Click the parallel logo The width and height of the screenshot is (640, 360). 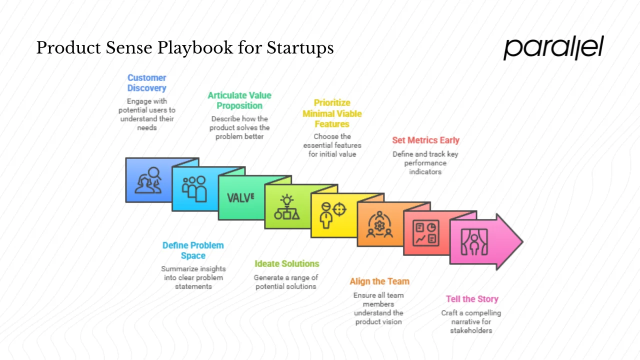pyautogui.click(x=553, y=48)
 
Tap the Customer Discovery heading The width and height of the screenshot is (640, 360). pyautogui.click(x=146, y=83)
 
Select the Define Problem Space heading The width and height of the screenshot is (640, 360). pyautogui.click(x=193, y=250)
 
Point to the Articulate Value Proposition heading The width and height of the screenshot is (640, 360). pyautogui.click(x=239, y=100)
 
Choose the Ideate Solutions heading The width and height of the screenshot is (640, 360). pyautogui.click(x=286, y=263)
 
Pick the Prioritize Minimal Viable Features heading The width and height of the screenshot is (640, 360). pyautogui.click(x=332, y=113)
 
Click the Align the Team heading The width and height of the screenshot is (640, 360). pyautogui.click(x=379, y=281)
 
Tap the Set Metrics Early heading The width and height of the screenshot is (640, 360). pyautogui.click(x=425, y=140)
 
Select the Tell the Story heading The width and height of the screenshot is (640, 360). pyautogui.click(x=472, y=299)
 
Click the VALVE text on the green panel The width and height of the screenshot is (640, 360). pyautogui.click(x=240, y=197)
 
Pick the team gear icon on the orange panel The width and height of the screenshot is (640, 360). pyautogui.click(x=379, y=224)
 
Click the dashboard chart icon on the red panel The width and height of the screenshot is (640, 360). pyautogui.click(x=425, y=233)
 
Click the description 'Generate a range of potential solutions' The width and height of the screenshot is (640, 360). pyautogui.click(x=286, y=282)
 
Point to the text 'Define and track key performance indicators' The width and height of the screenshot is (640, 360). pyautogui.click(x=425, y=163)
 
